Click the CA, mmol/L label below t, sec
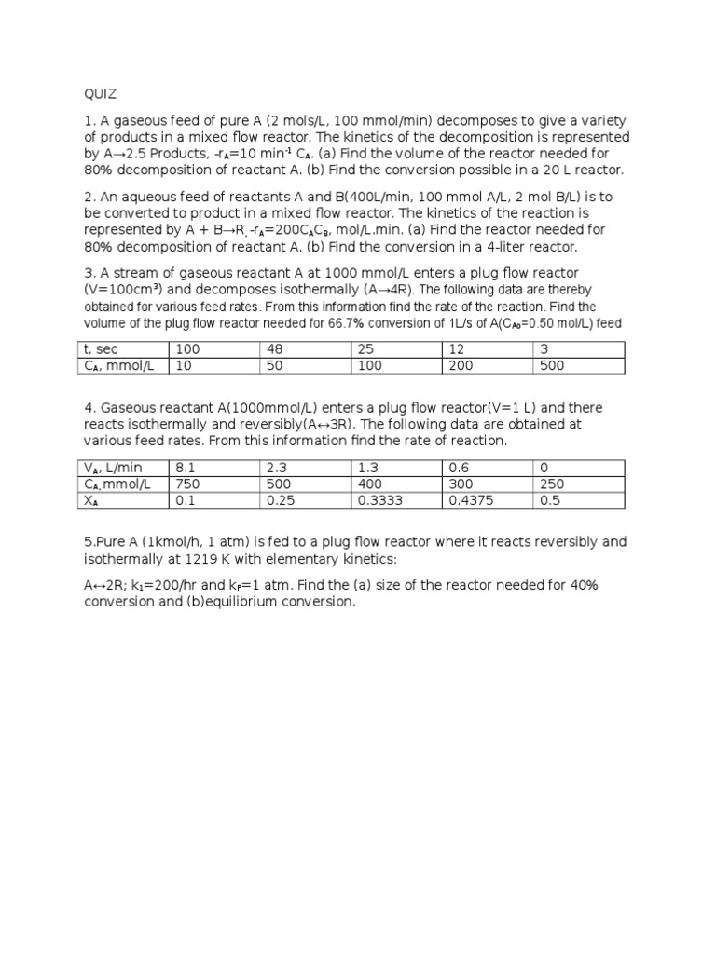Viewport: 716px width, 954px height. coord(118,365)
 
